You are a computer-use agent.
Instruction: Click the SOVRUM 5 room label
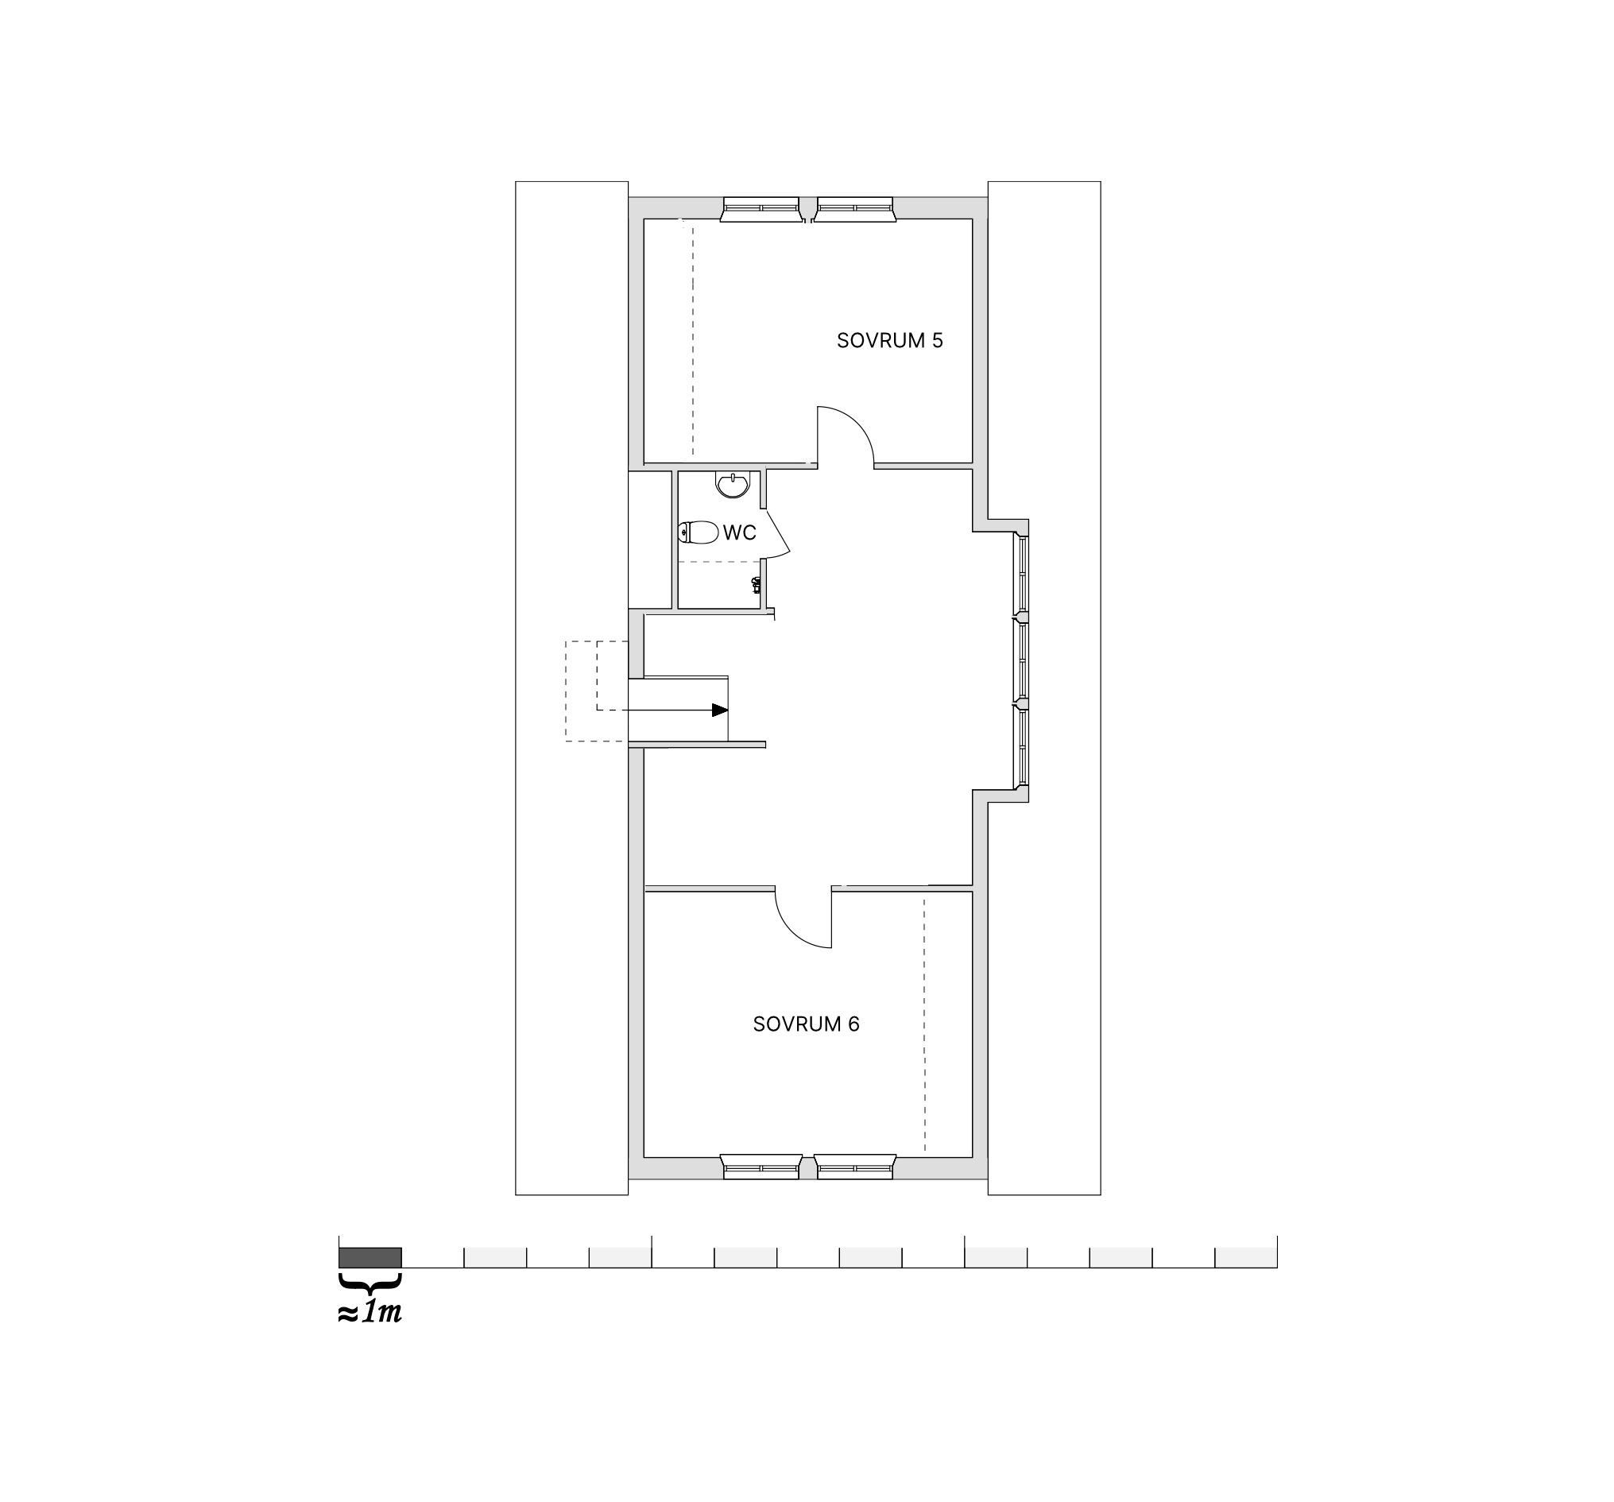pos(890,340)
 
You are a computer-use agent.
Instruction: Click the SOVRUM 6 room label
pos(805,1024)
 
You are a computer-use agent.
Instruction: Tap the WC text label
pos(740,532)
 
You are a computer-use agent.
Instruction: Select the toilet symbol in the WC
pos(699,532)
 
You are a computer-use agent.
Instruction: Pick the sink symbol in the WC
pos(733,484)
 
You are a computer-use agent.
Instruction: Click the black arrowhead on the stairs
pos(720,710)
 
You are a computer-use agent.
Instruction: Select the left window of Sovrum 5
pos(761,210)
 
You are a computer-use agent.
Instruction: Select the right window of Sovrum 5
pos(854,210)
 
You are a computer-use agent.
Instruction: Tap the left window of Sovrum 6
pos(761,1167)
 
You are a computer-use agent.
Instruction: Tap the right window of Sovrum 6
pos(855,1167)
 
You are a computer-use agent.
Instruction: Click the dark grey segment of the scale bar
pos(370,1256)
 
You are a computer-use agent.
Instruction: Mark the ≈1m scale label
pos(370,1312)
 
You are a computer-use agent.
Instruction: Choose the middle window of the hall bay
pos(1022,660)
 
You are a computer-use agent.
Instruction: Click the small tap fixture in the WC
pos(757,584)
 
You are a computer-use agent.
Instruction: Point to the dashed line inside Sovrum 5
pos(692,339)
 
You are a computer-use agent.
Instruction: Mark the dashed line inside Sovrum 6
pos(924,1024)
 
